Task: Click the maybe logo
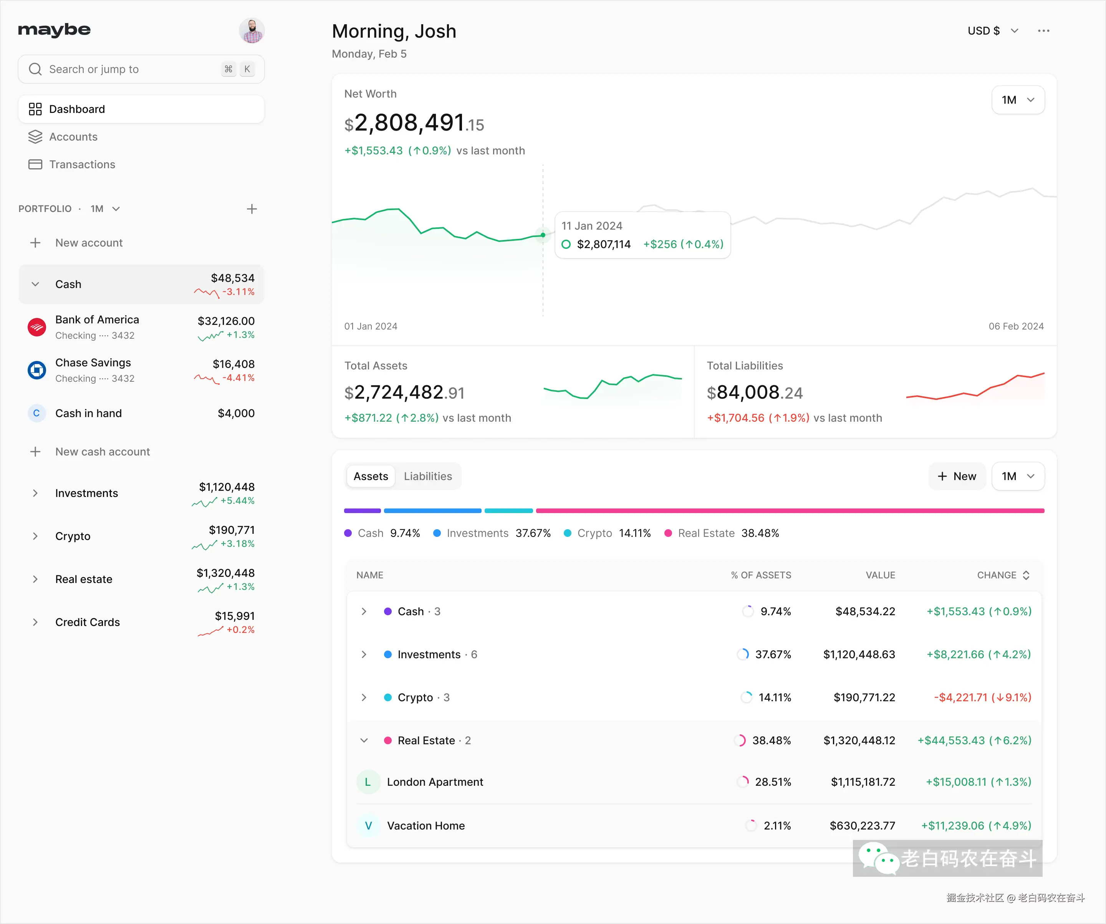(x=54, y=30)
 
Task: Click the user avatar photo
(x=252, y=31)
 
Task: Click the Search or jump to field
(x=126, y=69)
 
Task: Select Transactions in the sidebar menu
(x=82, y=164)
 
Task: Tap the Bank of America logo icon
(x=36, y=327)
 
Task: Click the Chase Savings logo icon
(x=36, y=370)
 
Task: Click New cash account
(x=102, y=452)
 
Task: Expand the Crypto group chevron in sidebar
(x=35, y=536)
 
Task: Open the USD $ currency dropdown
(x=992, y=31)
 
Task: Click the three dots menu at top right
(x=1043, y=31)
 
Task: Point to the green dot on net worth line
(x=543, y=235)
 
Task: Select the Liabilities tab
(x=428, y=476)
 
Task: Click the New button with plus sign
(x=957, y=476)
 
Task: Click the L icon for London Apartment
(x=368, y=782)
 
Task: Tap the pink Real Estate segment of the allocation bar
(x=790, y=510)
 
